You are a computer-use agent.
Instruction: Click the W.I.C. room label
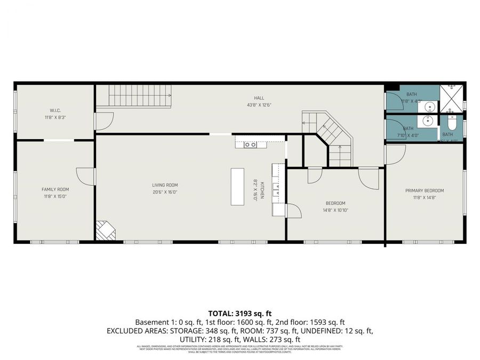[54, 111]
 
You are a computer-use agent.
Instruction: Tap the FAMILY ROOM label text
[55, 189]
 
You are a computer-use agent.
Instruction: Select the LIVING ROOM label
[165, 185]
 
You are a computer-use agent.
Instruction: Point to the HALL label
[259, 98]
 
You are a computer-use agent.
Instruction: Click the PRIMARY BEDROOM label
[424, 190]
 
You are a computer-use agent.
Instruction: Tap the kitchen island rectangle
[237, 187]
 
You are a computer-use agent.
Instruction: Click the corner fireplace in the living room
[105, 231]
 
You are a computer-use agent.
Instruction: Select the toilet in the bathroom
[451, 124]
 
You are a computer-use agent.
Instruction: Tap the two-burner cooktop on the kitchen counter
[250, 145]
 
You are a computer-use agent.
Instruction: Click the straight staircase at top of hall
[140, 96]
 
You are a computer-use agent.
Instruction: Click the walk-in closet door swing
[103, 122]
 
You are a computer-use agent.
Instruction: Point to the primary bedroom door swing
[395, 155]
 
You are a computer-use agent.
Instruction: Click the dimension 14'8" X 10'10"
[335, 210]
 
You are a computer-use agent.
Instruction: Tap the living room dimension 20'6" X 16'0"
[165, 192]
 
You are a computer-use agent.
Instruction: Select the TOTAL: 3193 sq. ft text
[239, 313]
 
